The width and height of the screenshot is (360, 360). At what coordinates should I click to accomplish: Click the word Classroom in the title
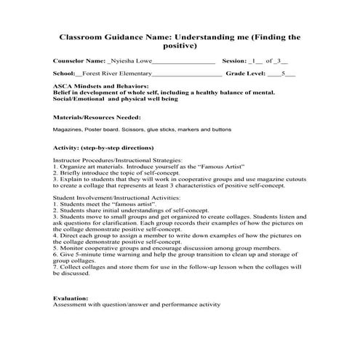(x=83, y=36)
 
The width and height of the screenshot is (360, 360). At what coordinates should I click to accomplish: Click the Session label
(x=236, y=61)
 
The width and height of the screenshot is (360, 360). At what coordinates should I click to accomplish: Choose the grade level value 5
(x=283, y=74)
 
